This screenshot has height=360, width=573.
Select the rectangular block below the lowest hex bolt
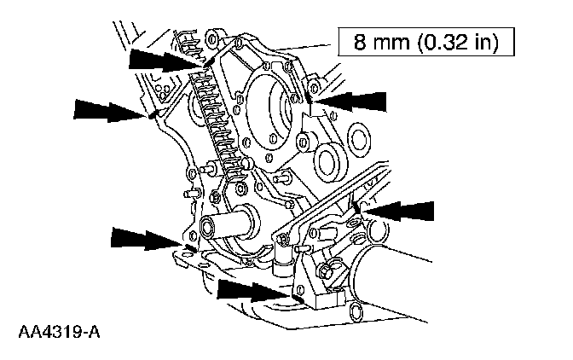pyautogui.click(x=320, y=299)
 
